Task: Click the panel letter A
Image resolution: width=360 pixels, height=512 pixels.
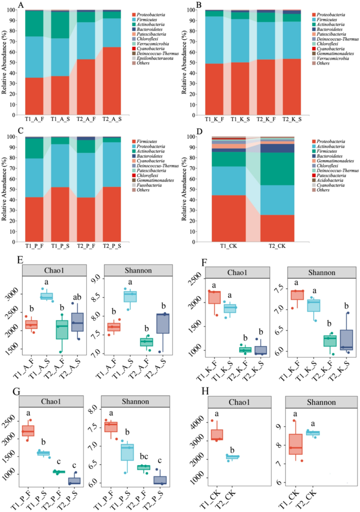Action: [x=21, y=5]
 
